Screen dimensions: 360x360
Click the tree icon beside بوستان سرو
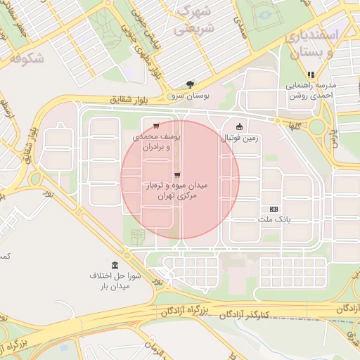pos(189,84)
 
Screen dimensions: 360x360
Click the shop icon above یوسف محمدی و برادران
pos(155,127)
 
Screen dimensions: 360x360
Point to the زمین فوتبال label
pos(240,139)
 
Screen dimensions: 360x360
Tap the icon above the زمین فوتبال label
pos(240,127)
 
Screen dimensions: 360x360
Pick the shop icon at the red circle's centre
pos(176,175)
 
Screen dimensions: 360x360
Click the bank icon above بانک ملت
pos(274,209)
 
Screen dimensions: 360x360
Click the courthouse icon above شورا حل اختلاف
pos(115,264)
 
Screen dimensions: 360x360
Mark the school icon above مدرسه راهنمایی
pos(310,75)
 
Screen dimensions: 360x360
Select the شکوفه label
pos(27,59)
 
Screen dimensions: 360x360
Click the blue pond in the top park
pos(265,15)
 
